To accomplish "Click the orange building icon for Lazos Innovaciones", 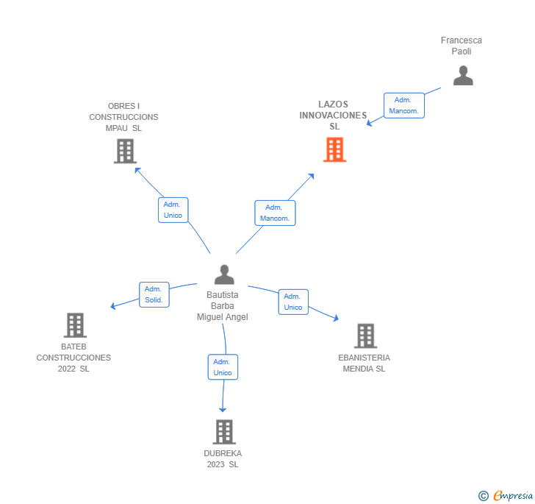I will coord(334,149).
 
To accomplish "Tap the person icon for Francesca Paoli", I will coord(463,76).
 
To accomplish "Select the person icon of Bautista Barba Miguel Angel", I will coord(224,274).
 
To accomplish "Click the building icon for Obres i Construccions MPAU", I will coord(126,151).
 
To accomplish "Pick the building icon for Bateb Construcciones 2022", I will coord(75,324).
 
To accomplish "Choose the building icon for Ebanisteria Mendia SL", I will coord(365,336).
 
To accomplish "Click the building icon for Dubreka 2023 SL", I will coord(224,432).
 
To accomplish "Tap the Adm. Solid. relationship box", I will coord(154,294).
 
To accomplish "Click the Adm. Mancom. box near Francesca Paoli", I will coord(404,105).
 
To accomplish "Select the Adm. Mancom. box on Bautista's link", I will coord(275,213).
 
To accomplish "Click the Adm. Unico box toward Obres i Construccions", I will coord(173,210).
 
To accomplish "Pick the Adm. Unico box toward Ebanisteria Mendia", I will coord(293,302).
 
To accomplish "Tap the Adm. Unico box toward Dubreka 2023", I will coord(223,367).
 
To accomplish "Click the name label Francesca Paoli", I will coord(462,46).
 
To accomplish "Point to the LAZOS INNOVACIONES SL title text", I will coord(334,116).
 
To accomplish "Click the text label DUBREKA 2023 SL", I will coord(223,458).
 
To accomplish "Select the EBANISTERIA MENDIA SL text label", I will coord(365,363).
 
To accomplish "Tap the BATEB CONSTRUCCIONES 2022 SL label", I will coord(73,358).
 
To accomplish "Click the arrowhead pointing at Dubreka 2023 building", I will coord(223,409).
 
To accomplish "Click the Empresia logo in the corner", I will coord(506,495).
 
